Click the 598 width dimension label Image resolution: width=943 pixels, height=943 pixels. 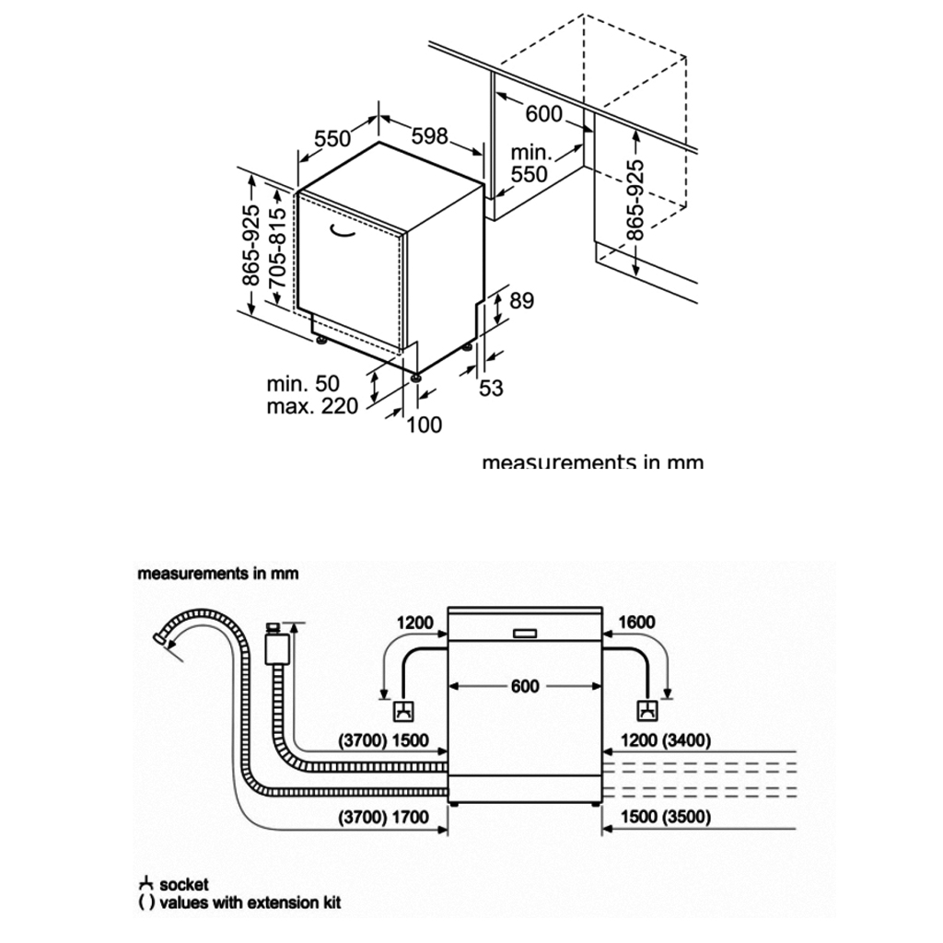[429, 136]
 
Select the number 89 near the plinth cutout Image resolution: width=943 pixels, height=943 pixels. [522, 301]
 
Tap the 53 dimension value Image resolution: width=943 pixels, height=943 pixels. [492, 389]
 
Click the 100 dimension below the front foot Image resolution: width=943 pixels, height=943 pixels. [424, 425]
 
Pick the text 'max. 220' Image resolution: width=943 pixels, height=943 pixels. [312, 406]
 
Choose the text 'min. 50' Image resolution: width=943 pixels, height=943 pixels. [303, 383]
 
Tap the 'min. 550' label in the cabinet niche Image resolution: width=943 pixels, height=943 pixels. [530, 163]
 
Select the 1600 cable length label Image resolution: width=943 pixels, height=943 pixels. [636, 623]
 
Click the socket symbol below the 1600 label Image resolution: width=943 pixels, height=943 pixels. [647, 711]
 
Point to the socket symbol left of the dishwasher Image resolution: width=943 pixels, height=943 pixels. [403, 711]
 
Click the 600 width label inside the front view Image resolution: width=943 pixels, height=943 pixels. [524, 686]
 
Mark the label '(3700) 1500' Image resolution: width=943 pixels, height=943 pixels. [385, 740]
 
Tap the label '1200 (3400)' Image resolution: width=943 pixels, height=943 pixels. [665, 740]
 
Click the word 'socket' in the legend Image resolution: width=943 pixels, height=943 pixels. [184, 885]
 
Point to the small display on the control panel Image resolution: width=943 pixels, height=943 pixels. [524, 633]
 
